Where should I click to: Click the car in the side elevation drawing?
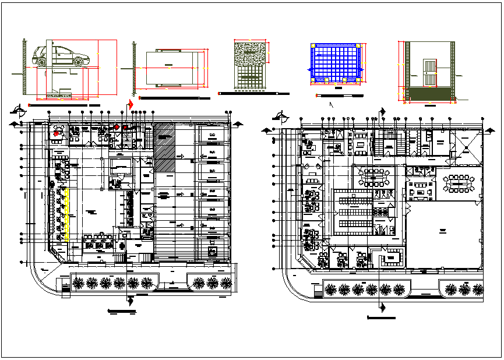click(x=61, y=56)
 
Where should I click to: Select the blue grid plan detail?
click(x=337, y=63)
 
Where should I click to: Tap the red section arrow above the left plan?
click(x=129, y=105)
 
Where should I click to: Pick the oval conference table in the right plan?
click(x=459, y=182)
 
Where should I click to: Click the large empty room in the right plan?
click(x=443, y=233)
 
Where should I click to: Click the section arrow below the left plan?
click(x=129, y=299)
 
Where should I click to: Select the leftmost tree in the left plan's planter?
click(x=77, y=283)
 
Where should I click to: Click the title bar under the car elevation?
click(x=65, y=106)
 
